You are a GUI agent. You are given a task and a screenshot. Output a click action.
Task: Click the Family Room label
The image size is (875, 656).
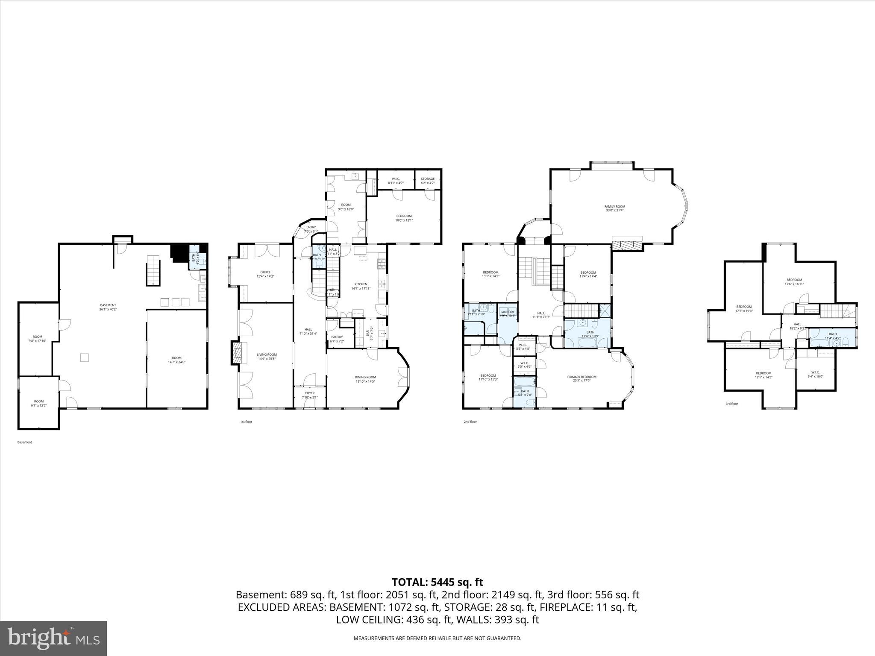click(x=614, y=207)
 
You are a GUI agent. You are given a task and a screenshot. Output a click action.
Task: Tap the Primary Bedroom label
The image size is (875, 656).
click(x=581, y=377)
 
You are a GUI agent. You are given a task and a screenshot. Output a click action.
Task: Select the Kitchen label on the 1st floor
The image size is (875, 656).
click(x=361, y=284)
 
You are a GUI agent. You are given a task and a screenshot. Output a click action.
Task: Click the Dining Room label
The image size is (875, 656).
click(x=365, y=377)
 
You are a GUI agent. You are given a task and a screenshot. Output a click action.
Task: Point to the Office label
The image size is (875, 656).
click(x=265, y=272)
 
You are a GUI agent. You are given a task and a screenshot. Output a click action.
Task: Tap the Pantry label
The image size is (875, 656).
click(x=337, y=337)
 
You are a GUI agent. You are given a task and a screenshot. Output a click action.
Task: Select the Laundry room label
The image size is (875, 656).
click(x=507, y=312)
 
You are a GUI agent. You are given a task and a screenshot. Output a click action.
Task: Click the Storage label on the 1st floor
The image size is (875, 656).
click(x=427, y=179)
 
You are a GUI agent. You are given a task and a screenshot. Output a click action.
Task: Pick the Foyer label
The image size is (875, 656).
click(x=310, y=393)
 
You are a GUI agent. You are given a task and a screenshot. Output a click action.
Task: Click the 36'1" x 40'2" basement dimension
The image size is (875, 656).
click(x=108, y=309)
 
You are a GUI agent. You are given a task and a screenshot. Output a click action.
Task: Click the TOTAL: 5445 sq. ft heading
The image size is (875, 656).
click(x=437, y=582)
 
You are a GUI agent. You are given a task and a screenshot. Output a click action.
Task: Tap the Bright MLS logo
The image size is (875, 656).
click(x=53, y=638)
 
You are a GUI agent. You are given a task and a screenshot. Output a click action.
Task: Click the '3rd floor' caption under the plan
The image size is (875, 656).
click(x=731, y=404)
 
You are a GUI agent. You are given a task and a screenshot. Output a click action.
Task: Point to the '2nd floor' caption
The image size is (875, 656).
click(x=470, y=422)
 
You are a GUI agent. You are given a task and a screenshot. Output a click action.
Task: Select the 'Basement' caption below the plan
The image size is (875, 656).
click(x=24, y=442)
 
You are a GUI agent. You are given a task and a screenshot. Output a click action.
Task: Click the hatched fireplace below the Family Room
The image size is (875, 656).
click(x=627, y=245)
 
